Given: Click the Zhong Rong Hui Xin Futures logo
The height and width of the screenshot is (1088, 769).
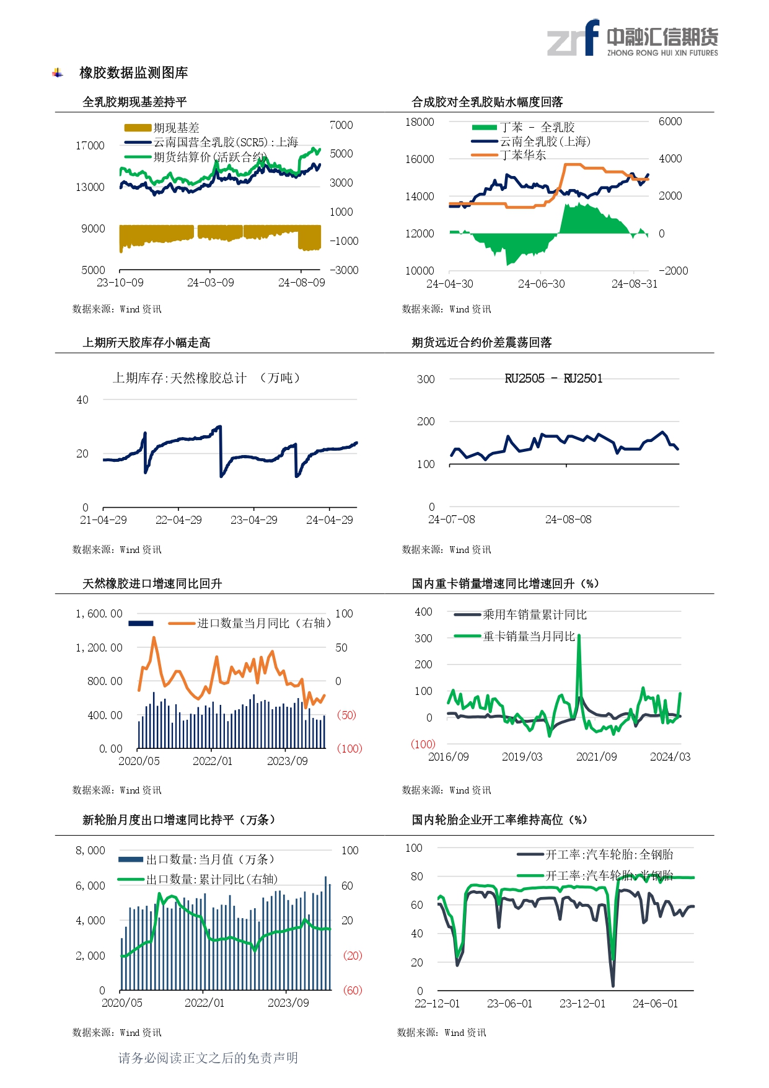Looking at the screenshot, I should (632, 39).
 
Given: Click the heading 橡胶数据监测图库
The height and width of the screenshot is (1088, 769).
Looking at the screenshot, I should (133, 73).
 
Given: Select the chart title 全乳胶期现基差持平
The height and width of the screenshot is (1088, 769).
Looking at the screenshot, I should (134, 102).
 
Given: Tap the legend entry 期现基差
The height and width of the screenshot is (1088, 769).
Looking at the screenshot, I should (176, 128).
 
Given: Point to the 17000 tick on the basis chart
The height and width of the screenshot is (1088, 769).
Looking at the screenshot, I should (90, 146).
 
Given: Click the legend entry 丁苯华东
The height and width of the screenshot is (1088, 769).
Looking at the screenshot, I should (522, 155).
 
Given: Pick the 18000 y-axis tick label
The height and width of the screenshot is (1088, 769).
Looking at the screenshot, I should (420, 122).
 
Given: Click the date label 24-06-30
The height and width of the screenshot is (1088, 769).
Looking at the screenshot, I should (541, 284).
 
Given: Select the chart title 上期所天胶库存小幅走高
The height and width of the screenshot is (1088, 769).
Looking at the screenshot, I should (146, 343).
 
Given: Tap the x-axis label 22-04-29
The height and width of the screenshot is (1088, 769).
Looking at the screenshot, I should (178, 520).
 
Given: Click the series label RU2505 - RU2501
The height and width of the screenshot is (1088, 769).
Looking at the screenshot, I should (553, 379).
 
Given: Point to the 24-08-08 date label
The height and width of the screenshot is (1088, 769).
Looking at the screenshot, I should (568, 520).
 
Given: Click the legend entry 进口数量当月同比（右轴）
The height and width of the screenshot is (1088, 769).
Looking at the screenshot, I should (263, 623).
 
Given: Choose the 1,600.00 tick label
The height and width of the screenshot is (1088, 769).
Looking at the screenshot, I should (99, 614).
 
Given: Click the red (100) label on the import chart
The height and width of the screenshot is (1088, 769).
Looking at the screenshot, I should (349, 749).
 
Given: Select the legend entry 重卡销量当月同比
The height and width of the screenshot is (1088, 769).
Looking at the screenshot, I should (529, 636).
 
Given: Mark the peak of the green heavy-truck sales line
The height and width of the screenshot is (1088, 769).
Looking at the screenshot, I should (579, 637).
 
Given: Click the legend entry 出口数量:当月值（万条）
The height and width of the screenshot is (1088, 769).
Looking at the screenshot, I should (209, 859).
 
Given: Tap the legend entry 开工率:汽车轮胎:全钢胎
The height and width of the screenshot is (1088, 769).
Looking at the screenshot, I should (609, 854).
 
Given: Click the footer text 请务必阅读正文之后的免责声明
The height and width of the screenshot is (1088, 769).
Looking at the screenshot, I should (208, 1058).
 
